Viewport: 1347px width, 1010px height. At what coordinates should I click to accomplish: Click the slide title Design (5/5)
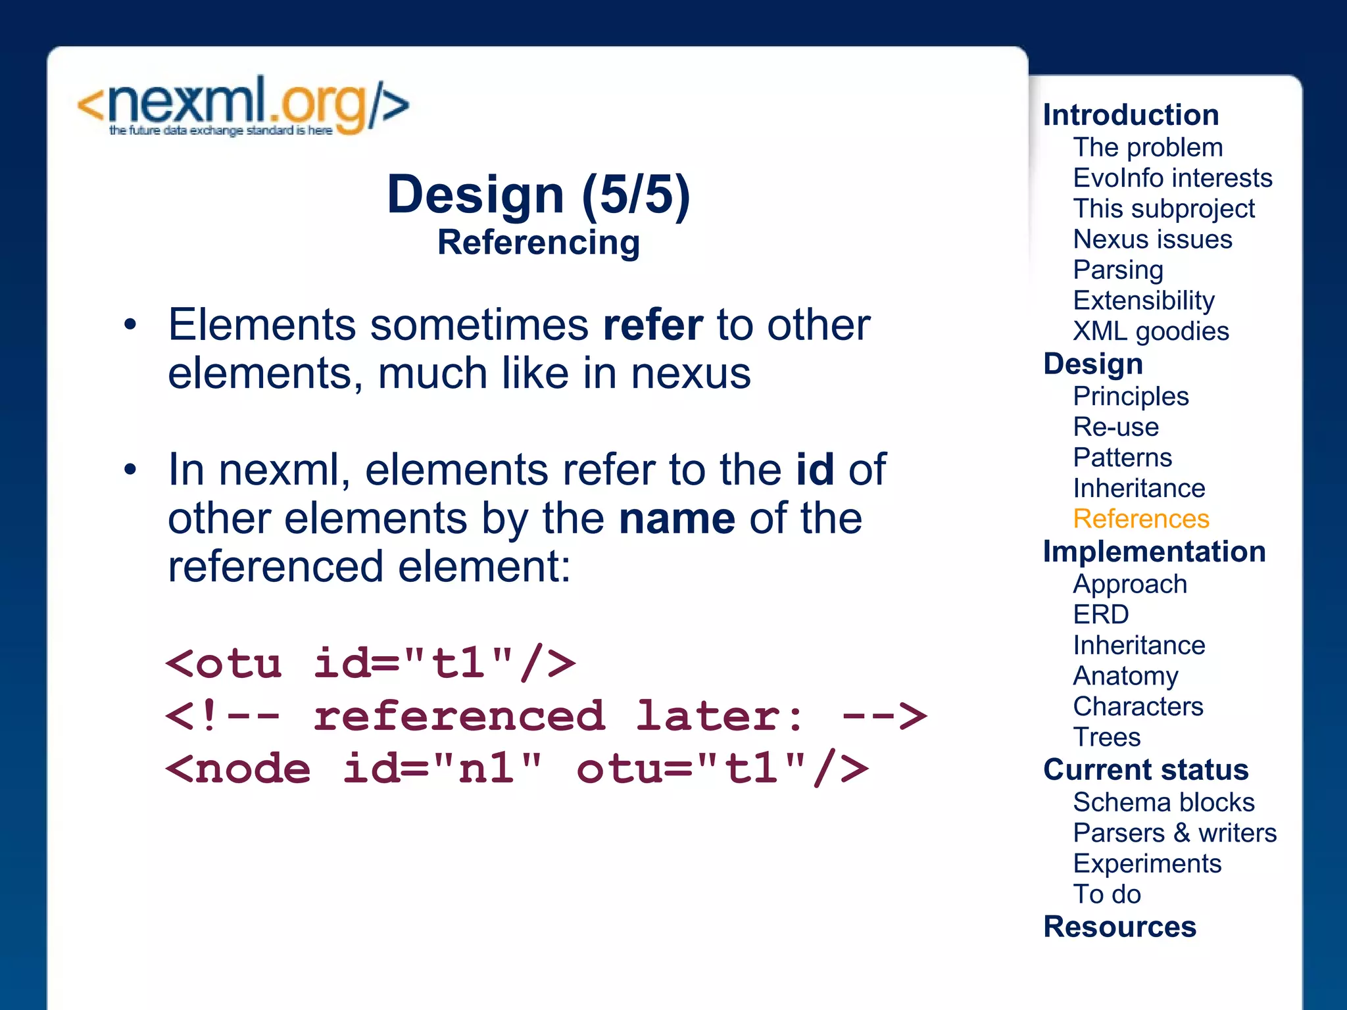coord(538,195)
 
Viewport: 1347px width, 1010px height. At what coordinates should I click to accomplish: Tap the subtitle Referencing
coord(538,243)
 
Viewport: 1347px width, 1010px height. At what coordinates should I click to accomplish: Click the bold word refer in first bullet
coord(653,325)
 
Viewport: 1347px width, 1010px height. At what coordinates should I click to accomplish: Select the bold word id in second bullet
coord(815,469)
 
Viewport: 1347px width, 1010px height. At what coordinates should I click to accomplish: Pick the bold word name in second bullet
coord(677,519)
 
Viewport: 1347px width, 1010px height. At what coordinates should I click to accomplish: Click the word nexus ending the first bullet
coord(691,373)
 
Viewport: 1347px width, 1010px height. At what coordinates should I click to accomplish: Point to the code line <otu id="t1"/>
coord(370,663)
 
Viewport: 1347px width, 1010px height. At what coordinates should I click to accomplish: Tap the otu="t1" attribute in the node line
coord(722,768)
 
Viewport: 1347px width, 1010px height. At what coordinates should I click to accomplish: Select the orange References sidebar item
coord(1140,519)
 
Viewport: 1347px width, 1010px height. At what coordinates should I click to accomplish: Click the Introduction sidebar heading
coord(1131,115)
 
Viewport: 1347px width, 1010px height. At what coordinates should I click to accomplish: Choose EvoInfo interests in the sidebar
coord(1172,178)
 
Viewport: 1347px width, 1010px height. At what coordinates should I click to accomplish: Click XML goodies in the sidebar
coord(1150,331)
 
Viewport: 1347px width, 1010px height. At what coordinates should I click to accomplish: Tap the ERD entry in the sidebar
coord(1100,615)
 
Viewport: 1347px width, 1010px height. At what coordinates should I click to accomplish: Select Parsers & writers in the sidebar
coord(1174,833)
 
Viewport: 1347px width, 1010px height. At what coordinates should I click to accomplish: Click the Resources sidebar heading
coord(1119,927)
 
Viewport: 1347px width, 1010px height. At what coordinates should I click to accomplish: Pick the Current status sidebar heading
coord(1145,770)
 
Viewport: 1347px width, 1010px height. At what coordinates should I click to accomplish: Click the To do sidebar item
coord(1106,894)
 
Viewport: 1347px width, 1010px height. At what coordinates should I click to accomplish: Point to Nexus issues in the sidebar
coord(1152,239)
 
